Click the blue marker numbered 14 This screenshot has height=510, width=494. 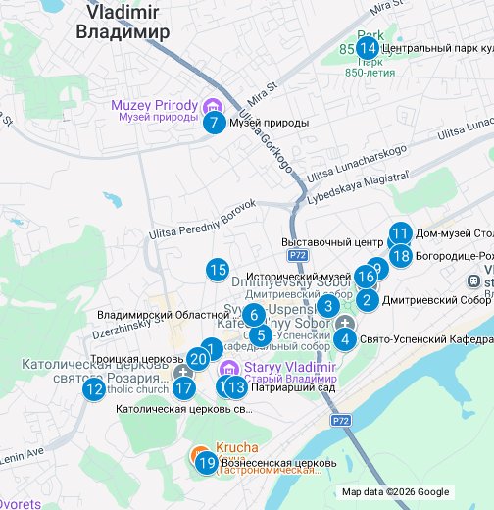[367, 48]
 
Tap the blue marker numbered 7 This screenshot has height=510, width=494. [213, 123]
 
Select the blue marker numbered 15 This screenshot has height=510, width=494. [218, 270]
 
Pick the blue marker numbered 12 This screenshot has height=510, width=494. [94, 389]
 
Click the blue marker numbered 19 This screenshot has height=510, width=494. [206, 463]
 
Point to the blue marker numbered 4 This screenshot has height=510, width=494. [345, 339]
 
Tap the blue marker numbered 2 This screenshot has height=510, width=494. [367, 300]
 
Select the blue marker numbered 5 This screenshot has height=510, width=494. [260, 335]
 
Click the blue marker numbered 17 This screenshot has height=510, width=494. [183, 387]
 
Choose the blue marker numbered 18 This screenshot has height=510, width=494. [400, 256]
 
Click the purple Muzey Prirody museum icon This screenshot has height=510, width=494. [210, 106]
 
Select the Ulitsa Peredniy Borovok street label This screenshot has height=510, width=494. [202, 221]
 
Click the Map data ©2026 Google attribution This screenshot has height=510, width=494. [395, 492]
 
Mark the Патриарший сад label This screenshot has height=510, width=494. [279, 387]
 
